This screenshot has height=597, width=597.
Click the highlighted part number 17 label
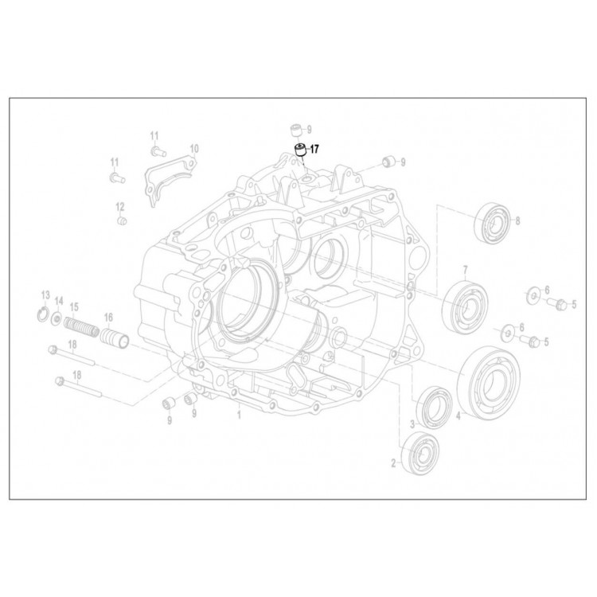coord(314,150)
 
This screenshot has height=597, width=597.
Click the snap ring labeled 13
coord(44,314)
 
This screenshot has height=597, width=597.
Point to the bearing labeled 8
coord(493,222)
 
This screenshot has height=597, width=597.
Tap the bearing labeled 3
coord(435,406)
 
